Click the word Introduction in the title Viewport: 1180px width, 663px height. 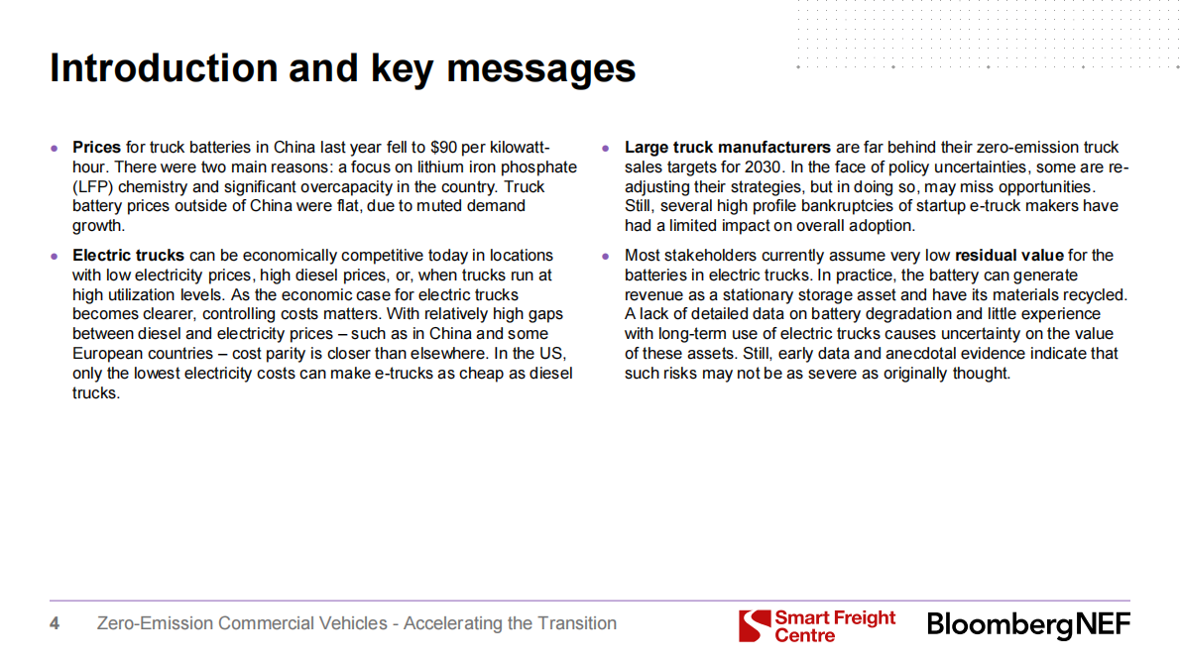pyautogui.click(x=164, y=67)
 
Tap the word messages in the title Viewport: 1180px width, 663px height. pyautogui.click(x=541, y=69)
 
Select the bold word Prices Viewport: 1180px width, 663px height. pyautogui.click(x=96, y=148)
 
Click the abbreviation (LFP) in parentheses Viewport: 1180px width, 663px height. pyautogui.click(x=92, y=186)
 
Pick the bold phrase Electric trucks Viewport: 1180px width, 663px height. pyautogui.click(x=128, y=256)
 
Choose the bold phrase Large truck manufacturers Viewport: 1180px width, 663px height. pyautogui.click(x=728, y=148)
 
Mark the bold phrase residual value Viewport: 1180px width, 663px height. pyautogui.click(x=1009, y=256)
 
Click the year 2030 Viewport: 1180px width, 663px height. pyautogui.click(x=764, y=166)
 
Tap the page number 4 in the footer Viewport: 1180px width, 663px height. pyautogui.click(x=55, y=623)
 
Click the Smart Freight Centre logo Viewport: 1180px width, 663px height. pyautogui.click(x=817, y=626)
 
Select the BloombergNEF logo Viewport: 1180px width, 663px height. pyautogui.click(x=1028, y=625)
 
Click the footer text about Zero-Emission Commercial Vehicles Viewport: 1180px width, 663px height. pyautogui.click(x=357, y=623)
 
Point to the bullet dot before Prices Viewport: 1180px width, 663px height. pyautogui.click(x=55, y=148)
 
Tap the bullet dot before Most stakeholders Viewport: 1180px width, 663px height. pyautogui.click(x=606, y=257)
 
